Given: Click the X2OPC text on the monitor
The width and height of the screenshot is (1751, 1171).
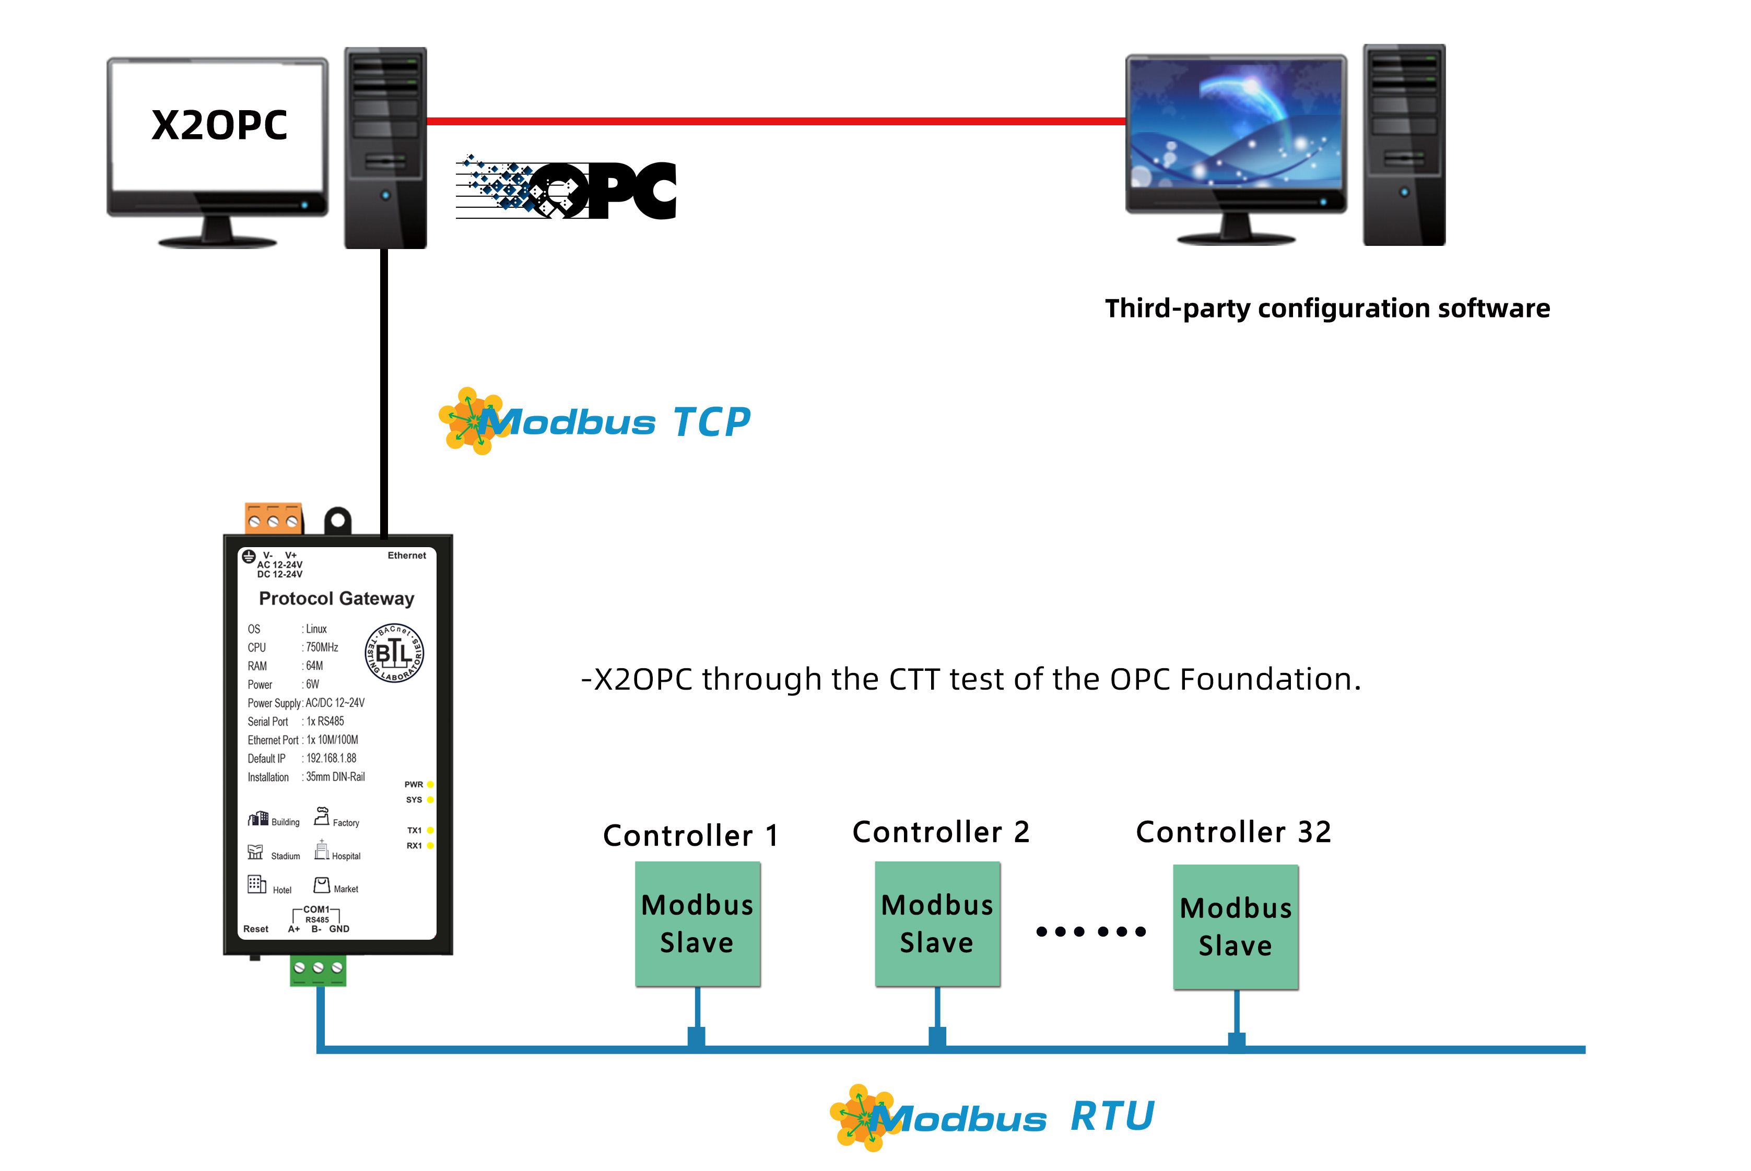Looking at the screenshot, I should tap(219, 125).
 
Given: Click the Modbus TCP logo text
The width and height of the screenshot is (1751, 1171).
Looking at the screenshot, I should tap(613, 422).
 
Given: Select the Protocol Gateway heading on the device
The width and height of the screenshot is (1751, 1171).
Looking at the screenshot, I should tap(336, 598).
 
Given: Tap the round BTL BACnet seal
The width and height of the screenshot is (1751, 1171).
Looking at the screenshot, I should tap(394, 653).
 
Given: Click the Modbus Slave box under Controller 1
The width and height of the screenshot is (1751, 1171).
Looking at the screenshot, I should tap(697, 924).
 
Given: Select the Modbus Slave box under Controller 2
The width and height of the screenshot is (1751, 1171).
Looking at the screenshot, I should tap(937, 924).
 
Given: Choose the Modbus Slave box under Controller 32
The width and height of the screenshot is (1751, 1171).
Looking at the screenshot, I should tap(1236, 927).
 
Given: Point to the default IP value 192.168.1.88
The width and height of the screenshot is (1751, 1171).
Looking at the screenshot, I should tap(331, 758).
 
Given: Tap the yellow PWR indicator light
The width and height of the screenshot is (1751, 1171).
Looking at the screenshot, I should tap(430, 784).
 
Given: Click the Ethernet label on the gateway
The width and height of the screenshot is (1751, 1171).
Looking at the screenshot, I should tap(406, 555).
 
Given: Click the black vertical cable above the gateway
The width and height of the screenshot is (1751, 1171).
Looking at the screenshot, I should tap(384, 388).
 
